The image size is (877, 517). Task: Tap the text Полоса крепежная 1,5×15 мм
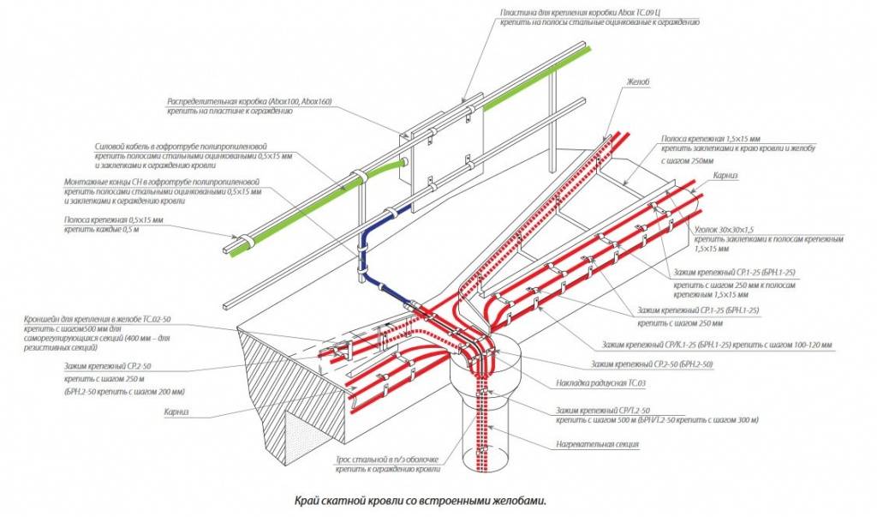point(711,137)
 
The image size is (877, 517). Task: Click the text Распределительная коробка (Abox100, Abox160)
point(250,102)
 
